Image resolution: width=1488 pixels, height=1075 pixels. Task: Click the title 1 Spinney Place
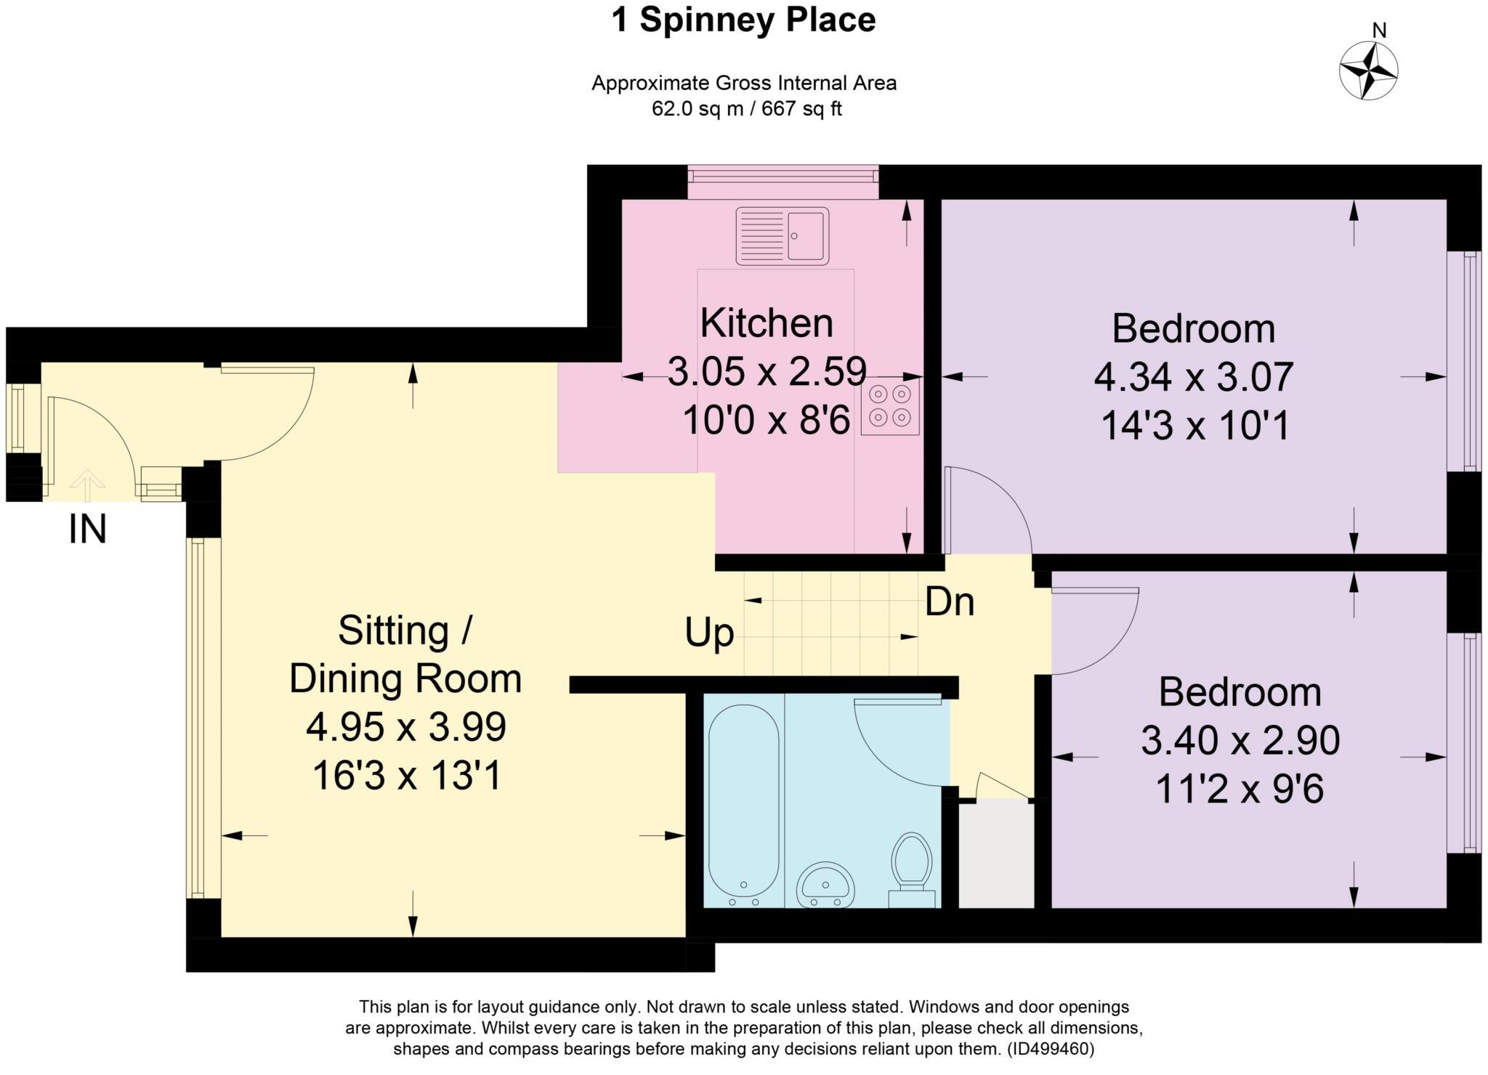click(743, 20)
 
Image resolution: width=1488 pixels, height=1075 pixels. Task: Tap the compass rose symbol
click(1368, 71)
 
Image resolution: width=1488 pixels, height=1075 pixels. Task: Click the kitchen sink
click(782, 235)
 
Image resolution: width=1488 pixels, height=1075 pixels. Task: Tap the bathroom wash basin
click(825, 885)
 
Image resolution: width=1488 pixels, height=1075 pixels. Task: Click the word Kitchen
click(767, 323)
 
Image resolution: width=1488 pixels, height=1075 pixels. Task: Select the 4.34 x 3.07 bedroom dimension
click(1194, 377)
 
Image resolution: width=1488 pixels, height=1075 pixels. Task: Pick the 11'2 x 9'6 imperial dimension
click(1240, 789)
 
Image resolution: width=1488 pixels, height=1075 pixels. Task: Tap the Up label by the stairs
click(709, 634)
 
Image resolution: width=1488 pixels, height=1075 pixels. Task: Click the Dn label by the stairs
click(949, 601)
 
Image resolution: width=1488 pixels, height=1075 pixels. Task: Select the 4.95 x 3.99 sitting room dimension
click(405, 727)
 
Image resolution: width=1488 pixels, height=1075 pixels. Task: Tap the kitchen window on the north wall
click(783, 182)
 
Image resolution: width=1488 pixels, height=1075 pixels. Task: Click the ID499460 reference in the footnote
click(1050, 1049)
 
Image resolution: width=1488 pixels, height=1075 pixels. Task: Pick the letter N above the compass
click(1379, 31)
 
